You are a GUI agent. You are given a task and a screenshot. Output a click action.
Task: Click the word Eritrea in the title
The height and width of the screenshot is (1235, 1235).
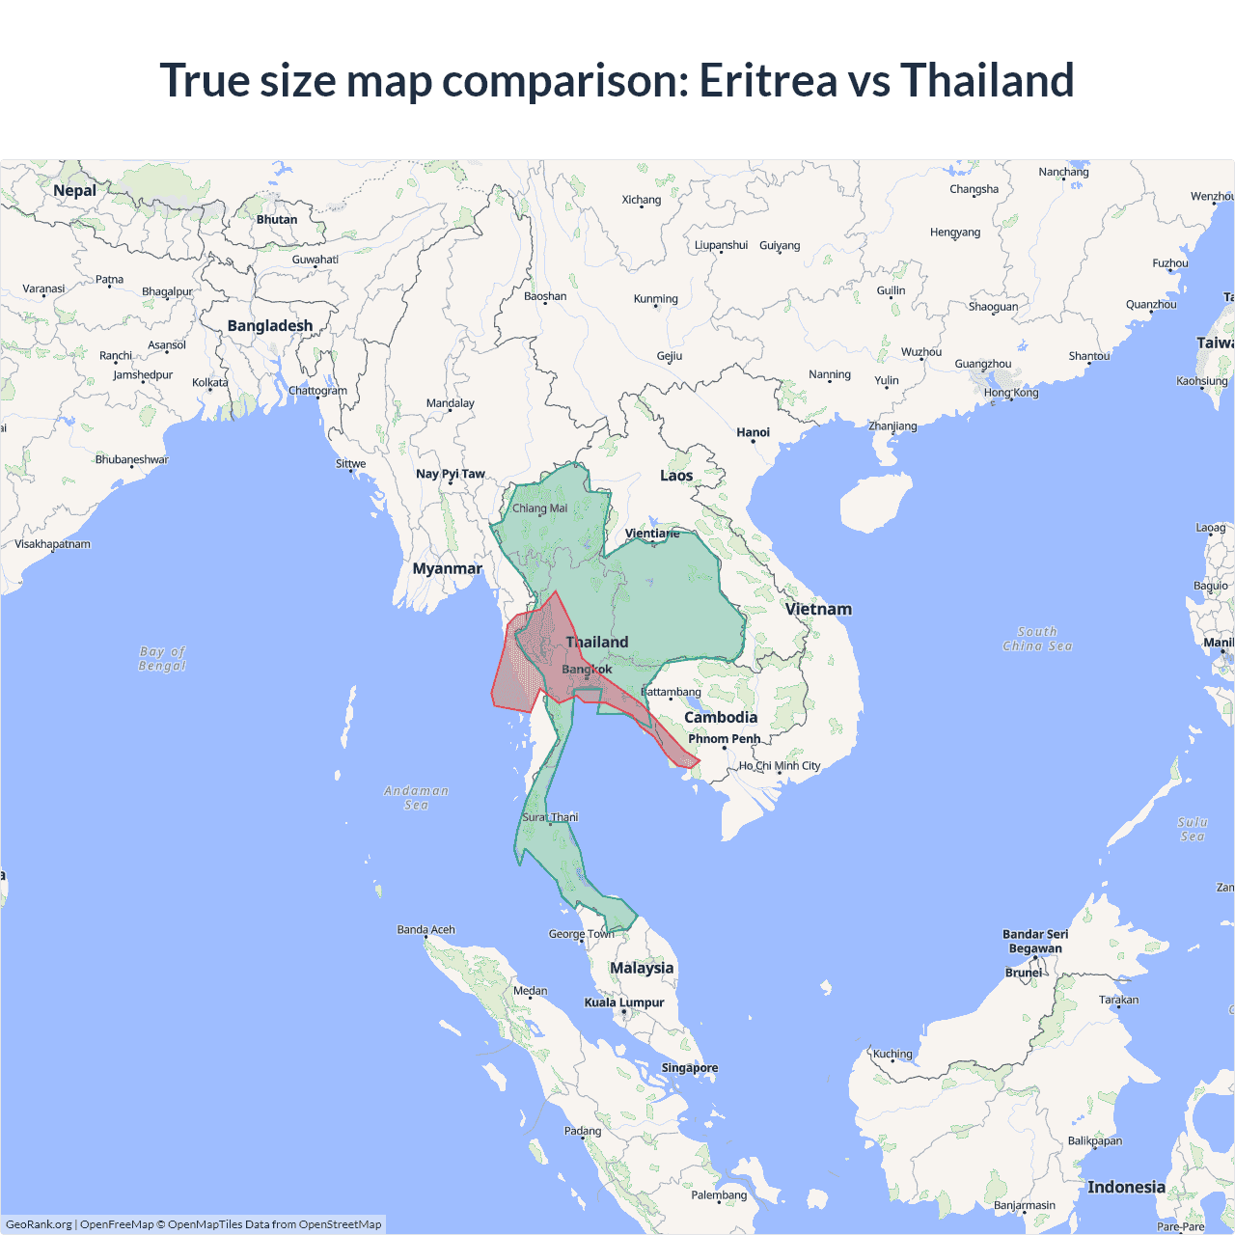(767, 80)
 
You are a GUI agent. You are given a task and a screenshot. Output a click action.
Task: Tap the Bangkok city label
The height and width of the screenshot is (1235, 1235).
(587, 669)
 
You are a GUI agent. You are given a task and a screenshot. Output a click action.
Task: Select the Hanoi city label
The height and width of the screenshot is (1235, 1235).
(753, 432)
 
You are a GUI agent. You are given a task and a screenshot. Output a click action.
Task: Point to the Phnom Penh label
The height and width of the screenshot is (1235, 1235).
(724, 739)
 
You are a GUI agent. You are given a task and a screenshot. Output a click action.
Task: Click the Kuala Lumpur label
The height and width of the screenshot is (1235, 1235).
(624, 1002)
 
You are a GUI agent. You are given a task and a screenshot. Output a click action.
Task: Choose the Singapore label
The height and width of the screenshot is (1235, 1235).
(689, 1068)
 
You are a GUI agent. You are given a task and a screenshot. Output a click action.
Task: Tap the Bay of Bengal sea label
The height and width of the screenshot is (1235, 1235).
(162, 659)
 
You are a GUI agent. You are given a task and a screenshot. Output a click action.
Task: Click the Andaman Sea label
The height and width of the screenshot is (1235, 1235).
(416, 798)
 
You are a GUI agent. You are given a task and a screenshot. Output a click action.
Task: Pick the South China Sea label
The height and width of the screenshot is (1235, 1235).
(1037, 639)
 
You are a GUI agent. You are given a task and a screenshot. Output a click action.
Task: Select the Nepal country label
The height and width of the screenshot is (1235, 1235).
(74, 190)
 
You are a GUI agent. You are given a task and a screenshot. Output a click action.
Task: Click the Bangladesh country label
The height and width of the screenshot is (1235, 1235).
(270, 326)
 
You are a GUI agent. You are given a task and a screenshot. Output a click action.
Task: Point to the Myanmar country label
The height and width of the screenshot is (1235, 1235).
(447, 568)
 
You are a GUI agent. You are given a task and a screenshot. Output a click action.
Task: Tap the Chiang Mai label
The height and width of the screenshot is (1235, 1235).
(539, 508)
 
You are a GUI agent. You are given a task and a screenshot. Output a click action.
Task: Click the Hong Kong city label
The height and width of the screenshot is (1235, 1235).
(1011, 393)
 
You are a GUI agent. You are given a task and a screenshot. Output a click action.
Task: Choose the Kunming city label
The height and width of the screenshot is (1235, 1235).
(656, 299)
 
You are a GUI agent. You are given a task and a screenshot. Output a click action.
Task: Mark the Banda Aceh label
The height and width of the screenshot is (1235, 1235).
(425, 930)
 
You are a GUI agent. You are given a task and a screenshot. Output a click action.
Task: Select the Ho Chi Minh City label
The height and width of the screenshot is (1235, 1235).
(780, 766)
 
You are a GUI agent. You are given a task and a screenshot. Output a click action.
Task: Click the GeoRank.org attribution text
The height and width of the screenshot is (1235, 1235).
(39, 1224)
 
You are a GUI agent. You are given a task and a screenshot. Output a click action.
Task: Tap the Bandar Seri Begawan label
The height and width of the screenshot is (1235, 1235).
(1035, 941)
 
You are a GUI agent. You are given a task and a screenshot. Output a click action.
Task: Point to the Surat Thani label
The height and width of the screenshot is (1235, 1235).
(550, 817)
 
